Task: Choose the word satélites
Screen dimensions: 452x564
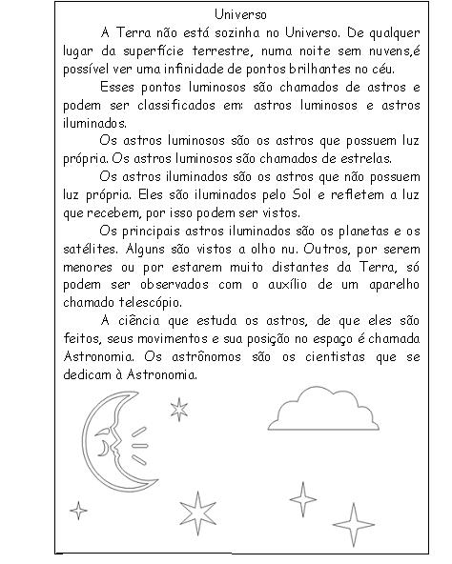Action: [89, 249]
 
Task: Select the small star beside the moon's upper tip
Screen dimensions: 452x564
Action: [178, 409]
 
